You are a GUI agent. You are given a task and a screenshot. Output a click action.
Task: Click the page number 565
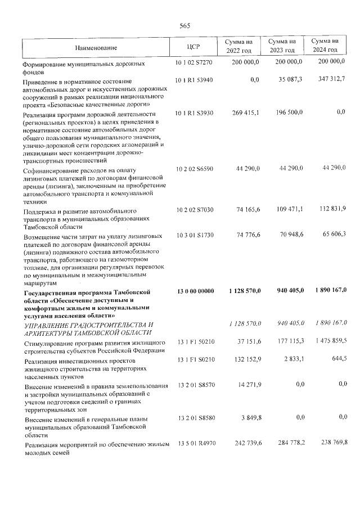coord(185,26)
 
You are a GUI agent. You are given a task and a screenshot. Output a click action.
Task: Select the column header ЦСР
coord(193,46)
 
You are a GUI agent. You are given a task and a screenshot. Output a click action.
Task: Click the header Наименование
coord(98,46)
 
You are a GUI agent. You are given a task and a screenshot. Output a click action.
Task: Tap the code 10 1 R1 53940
coord(194,80)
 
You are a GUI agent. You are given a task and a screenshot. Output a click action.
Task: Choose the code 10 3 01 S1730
coord(194,235)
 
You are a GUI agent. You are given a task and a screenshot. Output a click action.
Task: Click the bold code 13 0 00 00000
coord(195,291)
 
